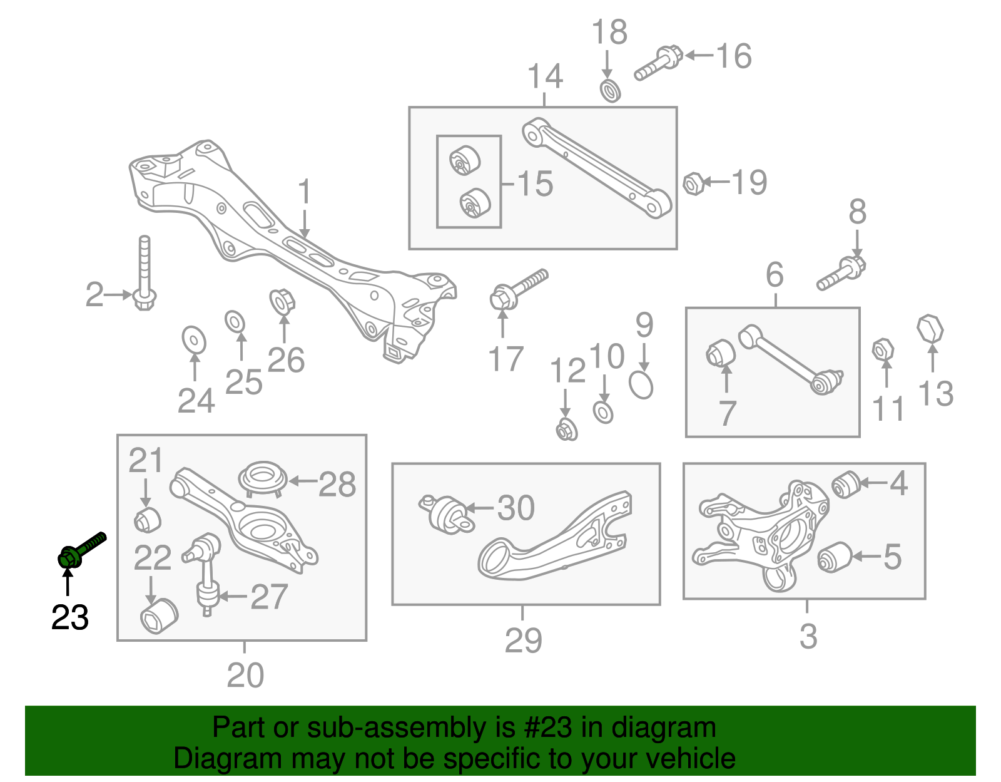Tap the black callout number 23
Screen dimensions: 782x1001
click(x=69, y=618)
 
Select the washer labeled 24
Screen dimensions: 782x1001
click(x=193, y=340)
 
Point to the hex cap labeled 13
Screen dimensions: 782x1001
click(x=930, y=329)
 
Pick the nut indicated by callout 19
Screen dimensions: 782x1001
click(x=693, y=183)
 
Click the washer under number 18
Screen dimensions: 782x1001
click(x=610, y=91)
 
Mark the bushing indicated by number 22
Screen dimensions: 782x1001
click(x=159, y=616)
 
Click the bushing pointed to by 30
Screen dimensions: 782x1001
click(x=447, y=514)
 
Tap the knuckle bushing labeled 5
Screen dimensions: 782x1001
click(x=834, y=557)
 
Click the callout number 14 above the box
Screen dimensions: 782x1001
click(x=545, y=77)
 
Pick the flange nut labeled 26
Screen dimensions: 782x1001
click(x=282, y=302)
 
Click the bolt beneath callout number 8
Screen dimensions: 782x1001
click(x=841, y=274)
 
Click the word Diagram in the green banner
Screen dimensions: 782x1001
click(x=211, y=759)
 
